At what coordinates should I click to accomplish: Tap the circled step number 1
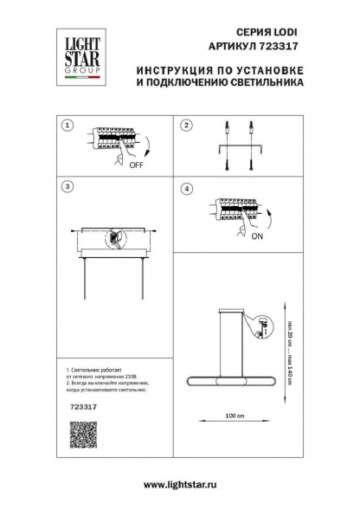point(67,126)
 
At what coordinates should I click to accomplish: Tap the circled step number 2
point(184,126)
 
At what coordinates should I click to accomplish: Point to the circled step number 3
point(67,186)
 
